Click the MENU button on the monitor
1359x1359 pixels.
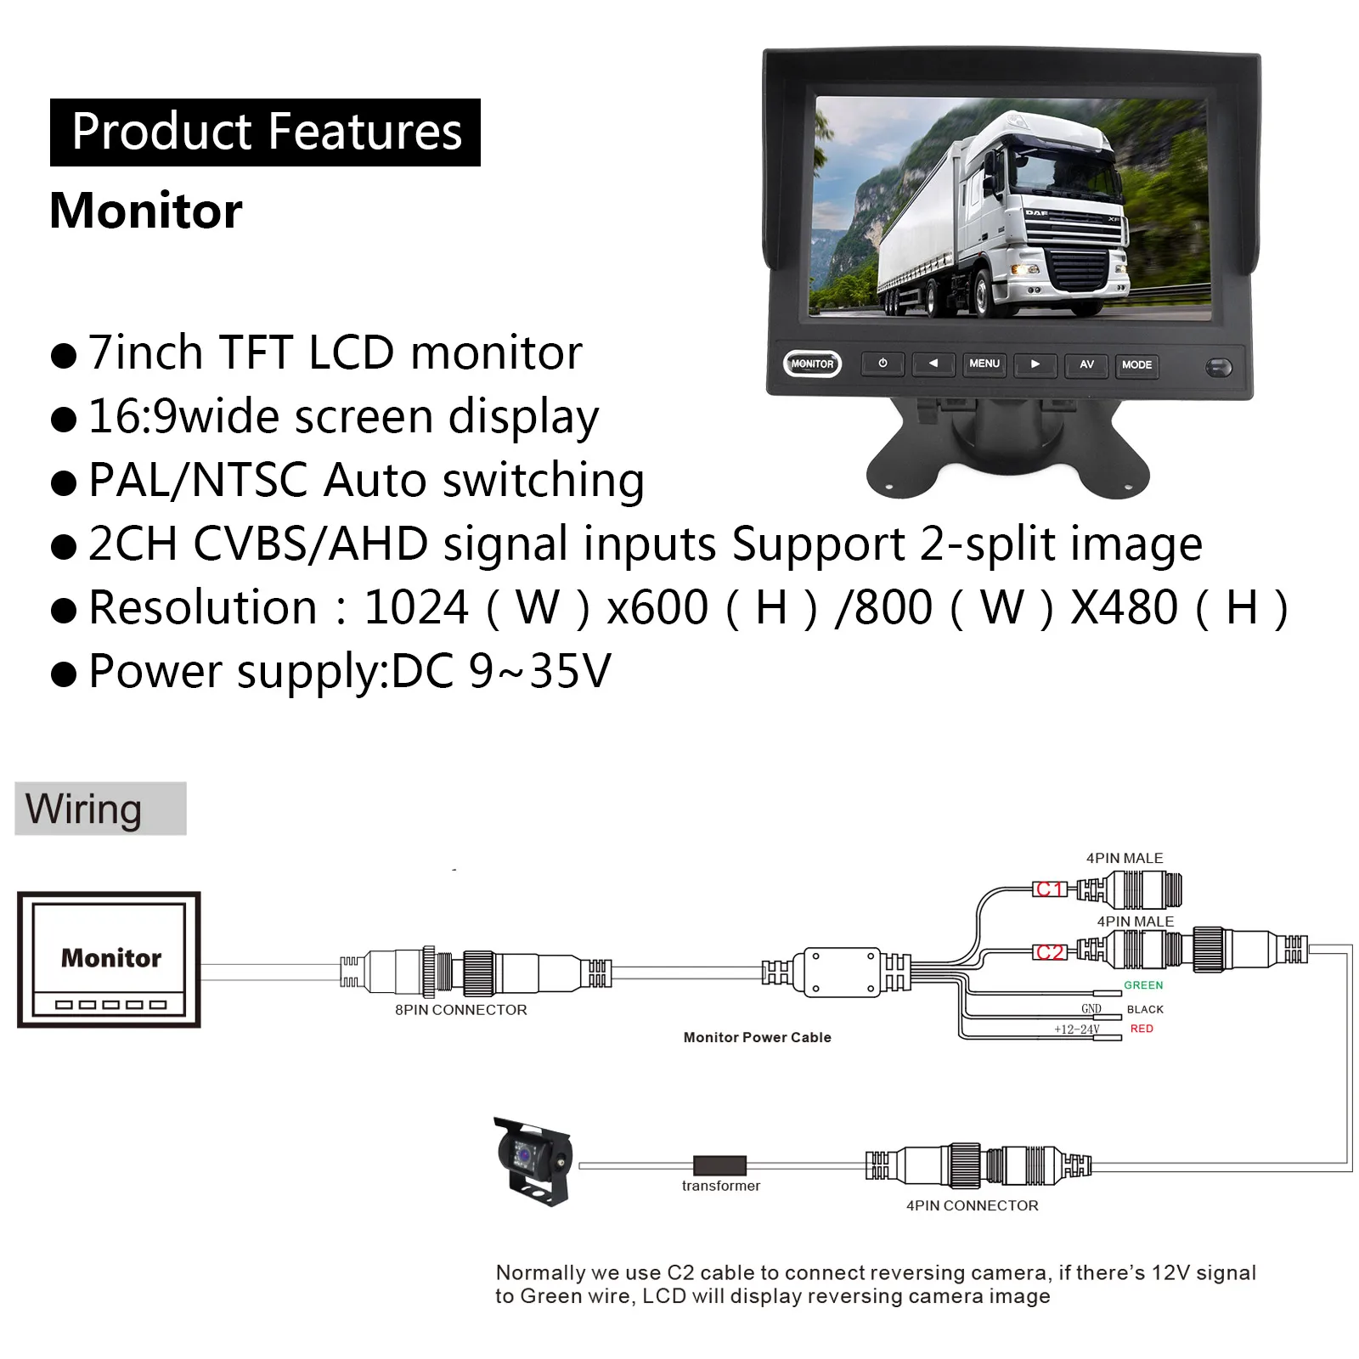pyautogui.click(x=984, y=364)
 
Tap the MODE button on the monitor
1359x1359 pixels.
pyautogui.click(x=1136, y=365)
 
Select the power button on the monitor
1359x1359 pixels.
pyautogui.click(x=883, y=364)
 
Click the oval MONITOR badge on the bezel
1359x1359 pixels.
pyautogui.click(x=812, y=364)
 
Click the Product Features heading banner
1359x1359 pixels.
pyautogui.click(x=265, y=133)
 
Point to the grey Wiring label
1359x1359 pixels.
pyautogui.click(x=100, y=809)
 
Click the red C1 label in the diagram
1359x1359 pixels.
pyautogui.click(x=1050, y=889)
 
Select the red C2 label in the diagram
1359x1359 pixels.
pyautogui.click(x=1050, y=952)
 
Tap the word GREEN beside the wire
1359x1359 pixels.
pyautogui.click(x=1143, y=985)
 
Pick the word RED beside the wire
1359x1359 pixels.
pyautogui.click(x=1142, y=1029)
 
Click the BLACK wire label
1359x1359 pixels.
pyautogui.click(x=1145, y=1009)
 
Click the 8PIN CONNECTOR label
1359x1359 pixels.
pyautogui.click(x=460, y=1010)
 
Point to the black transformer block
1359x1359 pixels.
pyautogui.click(x=719, y=1165)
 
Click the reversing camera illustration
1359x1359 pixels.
pyautogui.click(x=533, y=1160)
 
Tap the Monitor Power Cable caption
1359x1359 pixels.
pyautogui.click(x=757, y=1037)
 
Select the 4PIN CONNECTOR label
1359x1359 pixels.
pyautogui.click(x=972, y=1205)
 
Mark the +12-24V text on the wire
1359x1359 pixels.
pyautogui.click(x=1076, y=1029)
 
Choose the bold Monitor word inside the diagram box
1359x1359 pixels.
pyautogui.click(x=110, y=958)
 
